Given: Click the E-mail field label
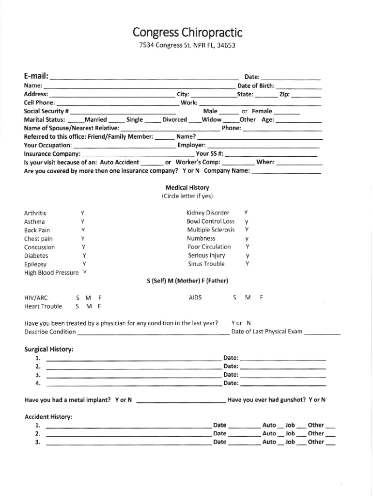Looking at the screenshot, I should (36, 76).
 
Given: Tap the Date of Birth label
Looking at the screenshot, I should (256, 86).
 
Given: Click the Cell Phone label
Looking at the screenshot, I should (39, 103).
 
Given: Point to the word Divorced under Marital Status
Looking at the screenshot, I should (174, 119).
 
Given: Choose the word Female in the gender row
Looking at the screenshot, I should (262, 111).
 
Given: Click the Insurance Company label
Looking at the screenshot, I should (52, 154).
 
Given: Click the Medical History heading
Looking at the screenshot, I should (187, 187).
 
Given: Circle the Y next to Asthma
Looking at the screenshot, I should (83, 221).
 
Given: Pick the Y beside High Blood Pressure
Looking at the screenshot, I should (85, 273).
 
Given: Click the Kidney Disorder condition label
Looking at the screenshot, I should (208, 213).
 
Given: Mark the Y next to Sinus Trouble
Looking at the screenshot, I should (247, 264).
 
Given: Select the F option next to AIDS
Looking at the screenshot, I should (261, 298).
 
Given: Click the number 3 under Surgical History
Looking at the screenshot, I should (37, 375).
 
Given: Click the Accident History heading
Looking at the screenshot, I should (48, 416).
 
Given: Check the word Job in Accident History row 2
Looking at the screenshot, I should (290, 433).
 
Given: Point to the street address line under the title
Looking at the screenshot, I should (186, 47).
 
